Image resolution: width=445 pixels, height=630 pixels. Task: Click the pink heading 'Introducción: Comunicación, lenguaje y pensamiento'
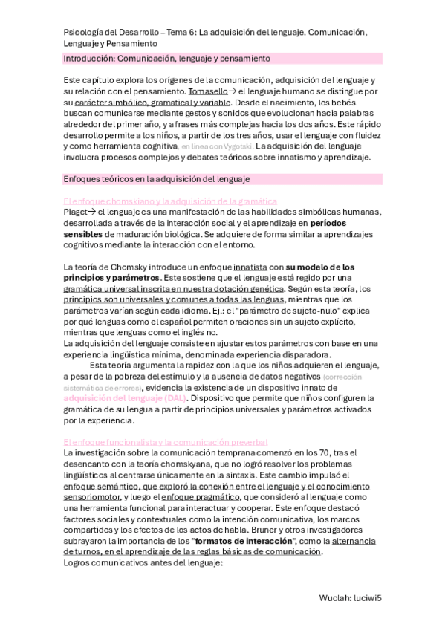click(167, 57)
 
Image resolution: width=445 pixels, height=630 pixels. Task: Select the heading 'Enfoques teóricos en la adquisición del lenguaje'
click(156, 179)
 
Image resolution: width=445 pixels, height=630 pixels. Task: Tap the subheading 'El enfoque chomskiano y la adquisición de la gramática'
click(171, 201)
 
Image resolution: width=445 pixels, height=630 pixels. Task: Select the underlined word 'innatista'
click(254, 267)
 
